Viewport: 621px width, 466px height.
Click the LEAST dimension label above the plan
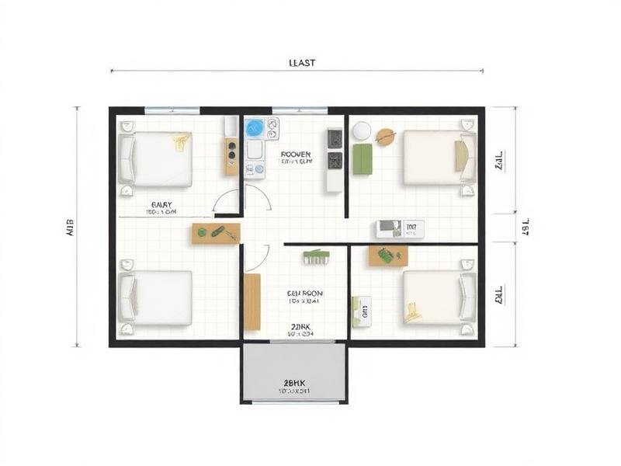tap(301, 63)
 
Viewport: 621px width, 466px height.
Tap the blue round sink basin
tap(254, 129)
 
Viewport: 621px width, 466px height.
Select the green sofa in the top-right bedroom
tap(363, 159)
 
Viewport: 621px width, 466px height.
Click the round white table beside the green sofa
tap(361, 131)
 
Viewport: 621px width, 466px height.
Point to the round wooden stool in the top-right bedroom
tap(385, 137)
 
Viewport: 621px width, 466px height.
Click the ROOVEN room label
tap(296, 155)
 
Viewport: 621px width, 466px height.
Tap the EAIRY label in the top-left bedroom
tap(162, 205)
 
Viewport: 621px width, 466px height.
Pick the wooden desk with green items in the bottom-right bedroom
tap(388, 256)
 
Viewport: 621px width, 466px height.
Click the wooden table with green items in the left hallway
tap(216, 232)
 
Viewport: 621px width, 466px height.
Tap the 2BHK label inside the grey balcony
tap(294, 382)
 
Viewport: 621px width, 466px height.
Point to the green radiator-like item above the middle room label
tap(317, 256)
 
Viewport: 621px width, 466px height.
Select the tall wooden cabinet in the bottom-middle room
tap(252, 301)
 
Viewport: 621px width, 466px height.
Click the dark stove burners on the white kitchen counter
tap(335, 149)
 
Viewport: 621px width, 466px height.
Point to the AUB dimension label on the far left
tap(68, 227)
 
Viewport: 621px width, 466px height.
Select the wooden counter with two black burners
tap(231, 155)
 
